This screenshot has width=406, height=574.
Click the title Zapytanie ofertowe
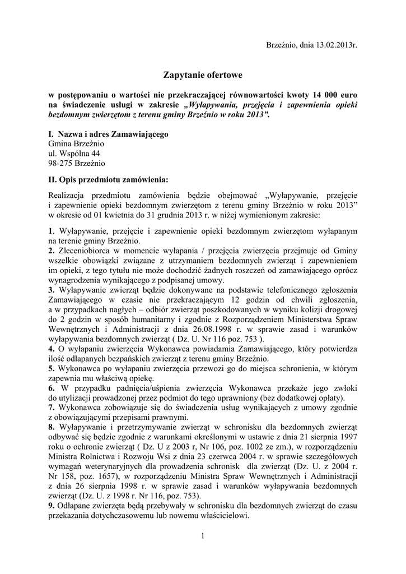(x=203, y=74)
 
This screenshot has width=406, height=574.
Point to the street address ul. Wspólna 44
(x=74, y=153)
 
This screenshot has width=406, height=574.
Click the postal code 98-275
(x=61, y=163)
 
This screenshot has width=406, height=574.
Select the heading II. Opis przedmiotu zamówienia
(x=108, y=180)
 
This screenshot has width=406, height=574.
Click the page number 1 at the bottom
(x=203, y=537)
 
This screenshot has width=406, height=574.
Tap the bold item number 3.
(x=51, y=290)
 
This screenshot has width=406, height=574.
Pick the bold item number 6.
(x=51, y=388)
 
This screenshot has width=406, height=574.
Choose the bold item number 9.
(x=51, y=506)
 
